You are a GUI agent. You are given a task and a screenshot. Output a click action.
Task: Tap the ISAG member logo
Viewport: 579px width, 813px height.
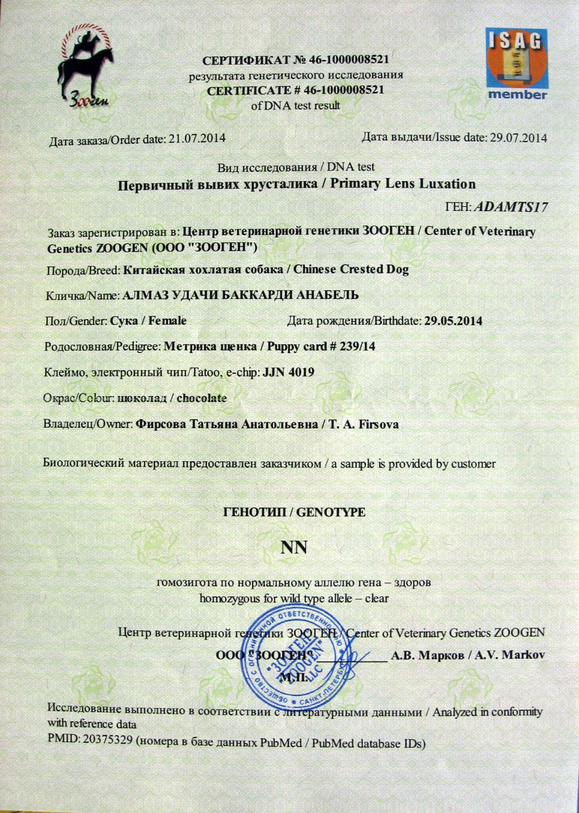tap(517, 63)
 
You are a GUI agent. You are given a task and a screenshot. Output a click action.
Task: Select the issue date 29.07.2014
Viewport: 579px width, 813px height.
tap(518, 137)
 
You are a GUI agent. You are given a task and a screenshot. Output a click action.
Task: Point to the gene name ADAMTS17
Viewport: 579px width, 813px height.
tap(511, 207)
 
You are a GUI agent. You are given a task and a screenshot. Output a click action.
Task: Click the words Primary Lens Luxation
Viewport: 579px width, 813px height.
tap(403, 184)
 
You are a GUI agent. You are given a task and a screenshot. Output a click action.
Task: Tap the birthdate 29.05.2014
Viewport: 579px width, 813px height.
tap(453, 321)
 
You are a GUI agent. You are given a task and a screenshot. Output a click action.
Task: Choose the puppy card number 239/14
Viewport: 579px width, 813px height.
tap(357, 346)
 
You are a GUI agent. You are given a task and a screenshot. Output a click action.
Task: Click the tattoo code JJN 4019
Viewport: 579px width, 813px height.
tap(289, 372)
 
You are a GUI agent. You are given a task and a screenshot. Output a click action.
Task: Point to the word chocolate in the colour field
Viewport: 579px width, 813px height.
tap(201, 398)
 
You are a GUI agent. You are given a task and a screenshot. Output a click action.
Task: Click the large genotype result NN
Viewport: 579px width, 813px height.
tap(294, 548)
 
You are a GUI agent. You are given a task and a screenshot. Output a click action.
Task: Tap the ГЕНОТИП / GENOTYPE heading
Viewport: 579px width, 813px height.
tap(295, 513)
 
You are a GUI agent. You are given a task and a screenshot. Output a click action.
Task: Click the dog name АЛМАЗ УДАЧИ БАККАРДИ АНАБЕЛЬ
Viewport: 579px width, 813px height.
tap(240, 295)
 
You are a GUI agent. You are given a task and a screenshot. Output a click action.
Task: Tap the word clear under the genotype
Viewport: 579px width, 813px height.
tap(377, 598)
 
